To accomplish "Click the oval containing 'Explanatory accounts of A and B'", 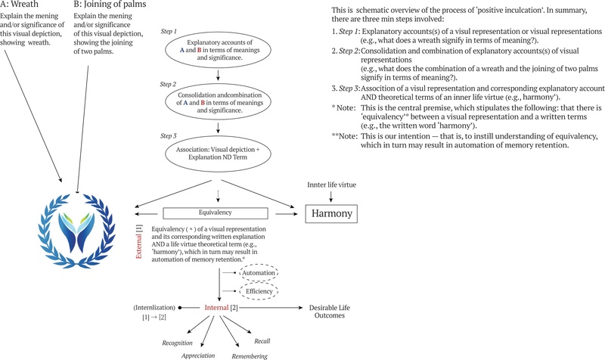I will [x=217, y=54].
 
